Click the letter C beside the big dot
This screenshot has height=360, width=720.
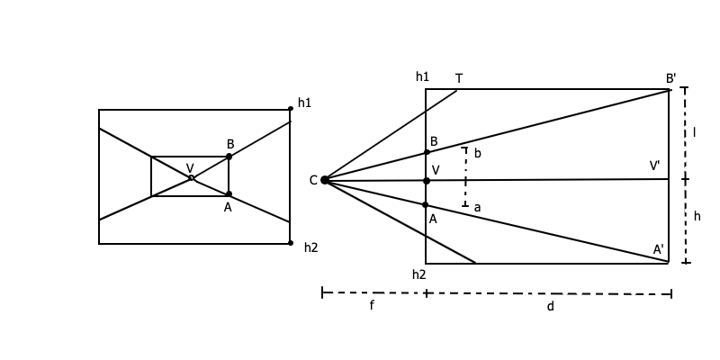click(313, 181)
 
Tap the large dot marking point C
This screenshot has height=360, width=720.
click(325, 180)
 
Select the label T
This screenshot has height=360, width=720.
click(459, 79)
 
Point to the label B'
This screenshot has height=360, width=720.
click(671, 79)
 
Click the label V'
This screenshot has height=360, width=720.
click(655, 166)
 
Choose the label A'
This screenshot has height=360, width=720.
click(659, 249)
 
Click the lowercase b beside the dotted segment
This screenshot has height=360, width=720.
click(477, 154)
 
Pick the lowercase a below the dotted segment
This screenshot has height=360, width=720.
click(477, 208)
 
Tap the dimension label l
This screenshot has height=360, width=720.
click(694, 133)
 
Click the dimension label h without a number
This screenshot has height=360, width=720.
click(697, 217)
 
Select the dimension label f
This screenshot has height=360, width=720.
click(372, 306)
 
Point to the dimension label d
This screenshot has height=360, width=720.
click(551, 307)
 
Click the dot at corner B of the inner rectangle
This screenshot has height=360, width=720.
click(229, 157)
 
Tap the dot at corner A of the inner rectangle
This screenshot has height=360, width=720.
click(229, 194)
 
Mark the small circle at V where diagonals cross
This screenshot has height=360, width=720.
click(191, 177)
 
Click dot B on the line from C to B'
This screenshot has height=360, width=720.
click(427, 152)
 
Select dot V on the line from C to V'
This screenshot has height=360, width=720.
click(427, 181)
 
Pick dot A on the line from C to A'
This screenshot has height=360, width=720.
click(426, 205)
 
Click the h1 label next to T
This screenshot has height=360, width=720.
click(423, 77)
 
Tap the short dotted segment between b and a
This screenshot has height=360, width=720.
click(465, 177)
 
